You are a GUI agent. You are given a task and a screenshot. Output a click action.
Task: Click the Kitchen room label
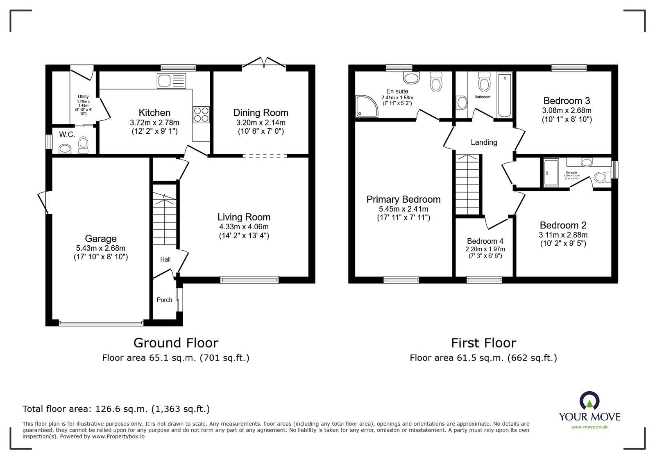pyautogui.click(x=154, y=113)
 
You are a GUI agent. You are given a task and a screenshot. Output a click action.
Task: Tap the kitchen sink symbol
pyautogui.click(x=171, y=80)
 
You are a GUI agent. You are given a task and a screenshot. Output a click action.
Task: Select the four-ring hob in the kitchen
pyautogui.click(x=201, y=114)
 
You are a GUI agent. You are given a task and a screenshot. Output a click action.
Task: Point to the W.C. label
pyautogui.click(x=67, y=135)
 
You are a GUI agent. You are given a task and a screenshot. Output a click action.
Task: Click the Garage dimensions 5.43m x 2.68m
pyautogui.click(x=101, y=248)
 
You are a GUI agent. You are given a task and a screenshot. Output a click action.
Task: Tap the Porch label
pyautogui.click(x=164, y=300)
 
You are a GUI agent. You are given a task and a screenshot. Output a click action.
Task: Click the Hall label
pyautogui.click(x=165, y=259)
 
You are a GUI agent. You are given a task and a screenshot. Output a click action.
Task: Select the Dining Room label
pyautogui.click(x=261, y=113)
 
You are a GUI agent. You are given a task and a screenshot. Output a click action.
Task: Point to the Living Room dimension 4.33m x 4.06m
pyautogui.click(x=244, y=227)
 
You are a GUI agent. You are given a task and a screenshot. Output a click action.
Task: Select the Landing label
pyautogui.click(x=484, y=142)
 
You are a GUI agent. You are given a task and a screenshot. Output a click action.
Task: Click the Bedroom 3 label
pyautogui.click(x=567, y=101)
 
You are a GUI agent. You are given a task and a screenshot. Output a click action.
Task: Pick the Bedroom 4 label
pyautogui.click(x=485, y=241)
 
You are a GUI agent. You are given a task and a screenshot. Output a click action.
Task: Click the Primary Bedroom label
pyautogui.click(x=403, y=199)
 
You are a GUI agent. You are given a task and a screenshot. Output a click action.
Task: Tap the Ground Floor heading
pyautogui.click(x=176, y=343)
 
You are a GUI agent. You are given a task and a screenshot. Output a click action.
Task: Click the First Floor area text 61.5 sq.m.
pyautogui.click(x=483, y=358)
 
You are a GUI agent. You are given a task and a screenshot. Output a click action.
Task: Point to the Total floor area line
pyautogui.click(x=116, y=409)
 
